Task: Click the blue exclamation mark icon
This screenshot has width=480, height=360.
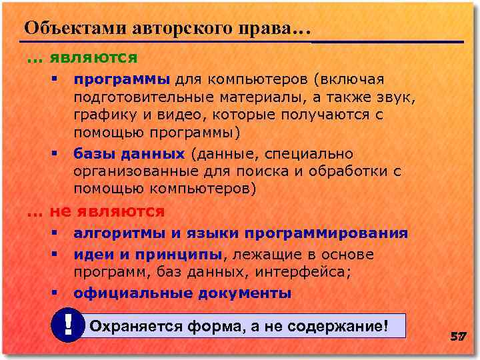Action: (68, 325)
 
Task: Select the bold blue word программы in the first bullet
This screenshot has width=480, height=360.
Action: (122, 80)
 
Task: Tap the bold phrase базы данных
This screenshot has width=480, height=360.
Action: (129, 154)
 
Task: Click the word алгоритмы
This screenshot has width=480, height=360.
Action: (119, 233)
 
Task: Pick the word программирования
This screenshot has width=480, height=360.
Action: (326, 233)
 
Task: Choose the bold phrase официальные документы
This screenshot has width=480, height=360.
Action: (182, 293)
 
